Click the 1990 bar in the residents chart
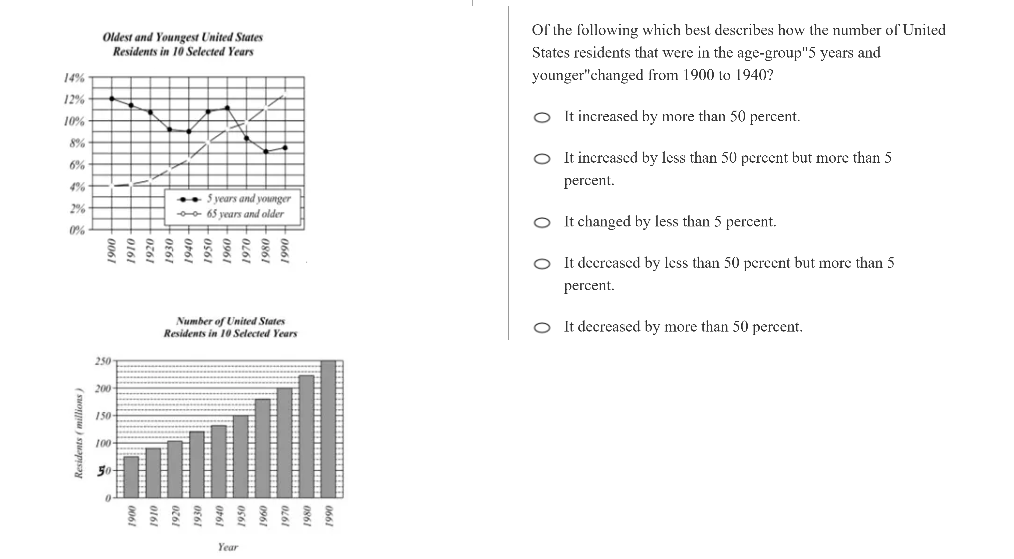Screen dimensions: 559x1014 tap(328, 429)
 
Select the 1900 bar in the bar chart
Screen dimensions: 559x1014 tap(131, 477)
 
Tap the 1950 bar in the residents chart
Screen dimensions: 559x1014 tap(241, 457)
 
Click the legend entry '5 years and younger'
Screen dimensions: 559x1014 tap(249, 199)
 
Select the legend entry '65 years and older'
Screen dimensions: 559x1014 tap(245, 214)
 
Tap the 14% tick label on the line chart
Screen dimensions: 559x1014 tap(74, 78)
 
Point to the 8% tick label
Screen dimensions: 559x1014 tap(77, 143)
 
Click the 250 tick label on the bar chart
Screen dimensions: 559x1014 tap(103, 361)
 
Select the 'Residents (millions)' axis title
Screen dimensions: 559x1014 tap(79, 433)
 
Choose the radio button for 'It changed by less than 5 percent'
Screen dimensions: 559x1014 tap(542, 223)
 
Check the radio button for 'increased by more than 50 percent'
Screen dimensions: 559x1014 tap(542, 118)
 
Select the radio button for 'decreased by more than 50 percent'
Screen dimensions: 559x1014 tap(542, 328)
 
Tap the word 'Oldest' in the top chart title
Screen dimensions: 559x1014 tap(117, 37)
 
